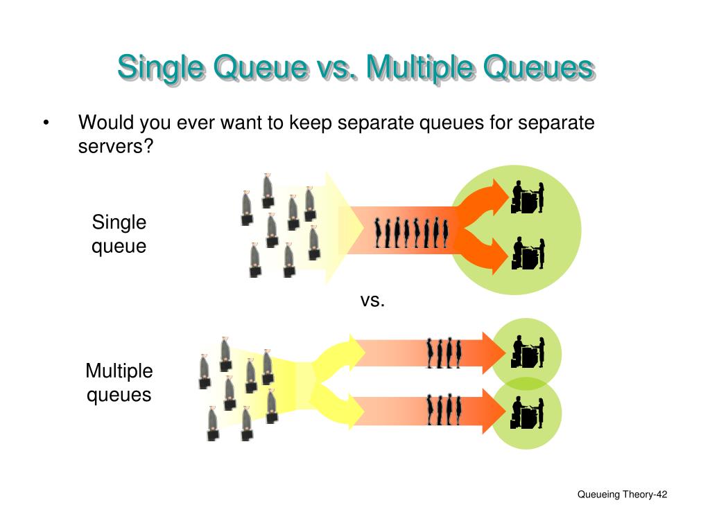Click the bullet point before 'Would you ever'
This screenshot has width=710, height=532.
tap(46, 124)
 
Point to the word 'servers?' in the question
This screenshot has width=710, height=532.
tap(114, 148)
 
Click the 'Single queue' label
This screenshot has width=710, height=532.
tap(119, 234)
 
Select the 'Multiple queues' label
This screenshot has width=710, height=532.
tap(119, 382)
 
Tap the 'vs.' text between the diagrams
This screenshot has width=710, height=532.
tap(372, 300)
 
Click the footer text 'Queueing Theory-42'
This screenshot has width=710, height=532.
tap(622, 495)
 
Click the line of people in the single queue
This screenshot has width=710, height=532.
tap(411, 232)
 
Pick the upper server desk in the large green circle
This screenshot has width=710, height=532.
tap(528, 197)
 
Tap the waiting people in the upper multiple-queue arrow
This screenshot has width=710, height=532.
tap(444, 353)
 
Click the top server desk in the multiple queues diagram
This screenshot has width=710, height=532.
tap(528, 352)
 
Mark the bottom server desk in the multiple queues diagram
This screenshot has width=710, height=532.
tap(528, 413)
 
